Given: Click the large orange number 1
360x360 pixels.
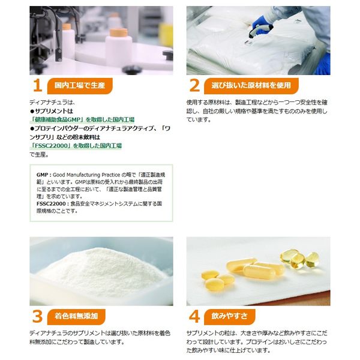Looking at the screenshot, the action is (x=38, y=86).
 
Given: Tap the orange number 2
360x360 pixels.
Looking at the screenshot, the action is (x=194, y=86).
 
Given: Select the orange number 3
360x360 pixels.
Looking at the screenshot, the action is (x=37, y=316).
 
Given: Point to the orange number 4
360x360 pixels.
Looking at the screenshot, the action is (x=194, y=316).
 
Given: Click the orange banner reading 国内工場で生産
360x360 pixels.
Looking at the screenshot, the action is (x=80, y=86).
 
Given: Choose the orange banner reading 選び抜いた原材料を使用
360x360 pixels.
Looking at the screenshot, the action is (x=251, y=86).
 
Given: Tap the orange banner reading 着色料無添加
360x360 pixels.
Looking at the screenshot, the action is (x=76, y=317).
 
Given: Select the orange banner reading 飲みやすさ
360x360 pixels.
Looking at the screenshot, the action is (x=230, y=317).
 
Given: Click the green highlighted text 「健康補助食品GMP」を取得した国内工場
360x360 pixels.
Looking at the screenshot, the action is (x=82, y=119).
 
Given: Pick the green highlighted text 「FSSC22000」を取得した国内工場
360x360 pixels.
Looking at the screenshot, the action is (x=76, y=146).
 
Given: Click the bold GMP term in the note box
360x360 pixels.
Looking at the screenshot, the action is (x=42, y=175).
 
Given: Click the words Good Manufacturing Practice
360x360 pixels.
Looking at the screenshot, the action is (x=86, y=175).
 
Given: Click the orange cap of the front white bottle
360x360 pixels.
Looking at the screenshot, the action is (x=118, y=32).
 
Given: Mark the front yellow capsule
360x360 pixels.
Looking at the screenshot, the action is (x=259, y=272).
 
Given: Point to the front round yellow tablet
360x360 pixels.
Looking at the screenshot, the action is (x=214, y=285).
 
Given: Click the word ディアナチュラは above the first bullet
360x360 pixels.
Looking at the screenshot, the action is (x=52, y=103).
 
